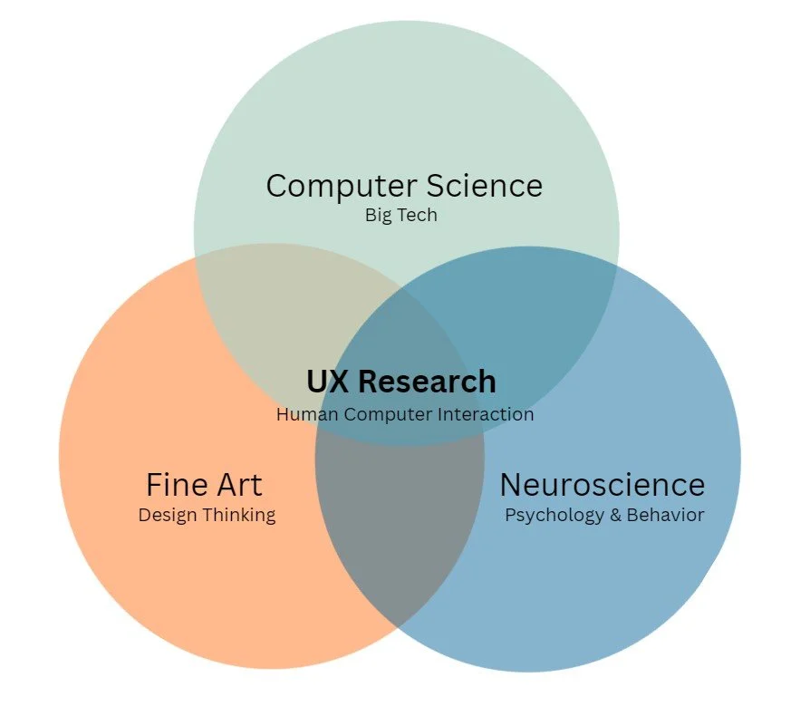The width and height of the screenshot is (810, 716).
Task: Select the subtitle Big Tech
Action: pos(400,216)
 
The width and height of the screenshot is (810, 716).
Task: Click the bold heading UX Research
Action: pos(400,382)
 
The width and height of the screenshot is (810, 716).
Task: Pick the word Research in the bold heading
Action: pos(427,382)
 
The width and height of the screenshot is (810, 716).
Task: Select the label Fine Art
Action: pos(204,485)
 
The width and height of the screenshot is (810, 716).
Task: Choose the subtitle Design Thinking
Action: pos(207,515)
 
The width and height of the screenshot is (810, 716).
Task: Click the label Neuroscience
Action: pos(603,485)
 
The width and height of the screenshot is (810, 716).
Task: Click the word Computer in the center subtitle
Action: pos(384,414)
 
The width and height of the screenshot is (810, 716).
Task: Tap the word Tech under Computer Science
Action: pos(419,216)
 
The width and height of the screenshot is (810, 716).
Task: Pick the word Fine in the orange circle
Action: pos(171,485)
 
